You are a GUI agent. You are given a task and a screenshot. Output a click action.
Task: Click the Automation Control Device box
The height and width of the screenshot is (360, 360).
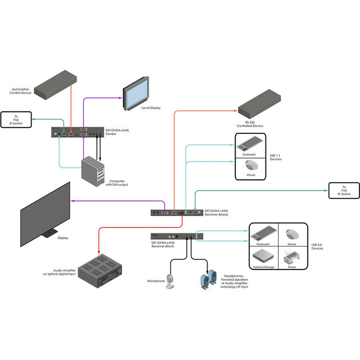pos(55,83)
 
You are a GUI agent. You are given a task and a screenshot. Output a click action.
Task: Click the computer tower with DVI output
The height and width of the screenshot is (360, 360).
pos(93,170)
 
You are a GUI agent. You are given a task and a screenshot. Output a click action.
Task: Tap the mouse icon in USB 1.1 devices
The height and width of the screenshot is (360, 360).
pos(250,165)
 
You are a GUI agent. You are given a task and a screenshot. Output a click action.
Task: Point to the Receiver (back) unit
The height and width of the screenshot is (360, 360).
pos(174,212)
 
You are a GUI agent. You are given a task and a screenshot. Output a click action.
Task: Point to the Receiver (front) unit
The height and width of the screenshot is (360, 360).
pos(174,236)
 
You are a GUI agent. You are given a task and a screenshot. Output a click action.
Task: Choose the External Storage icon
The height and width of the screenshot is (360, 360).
pos(264,258)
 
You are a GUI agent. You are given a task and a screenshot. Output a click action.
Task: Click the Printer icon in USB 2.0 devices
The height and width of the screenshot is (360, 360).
pos(292,258)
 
